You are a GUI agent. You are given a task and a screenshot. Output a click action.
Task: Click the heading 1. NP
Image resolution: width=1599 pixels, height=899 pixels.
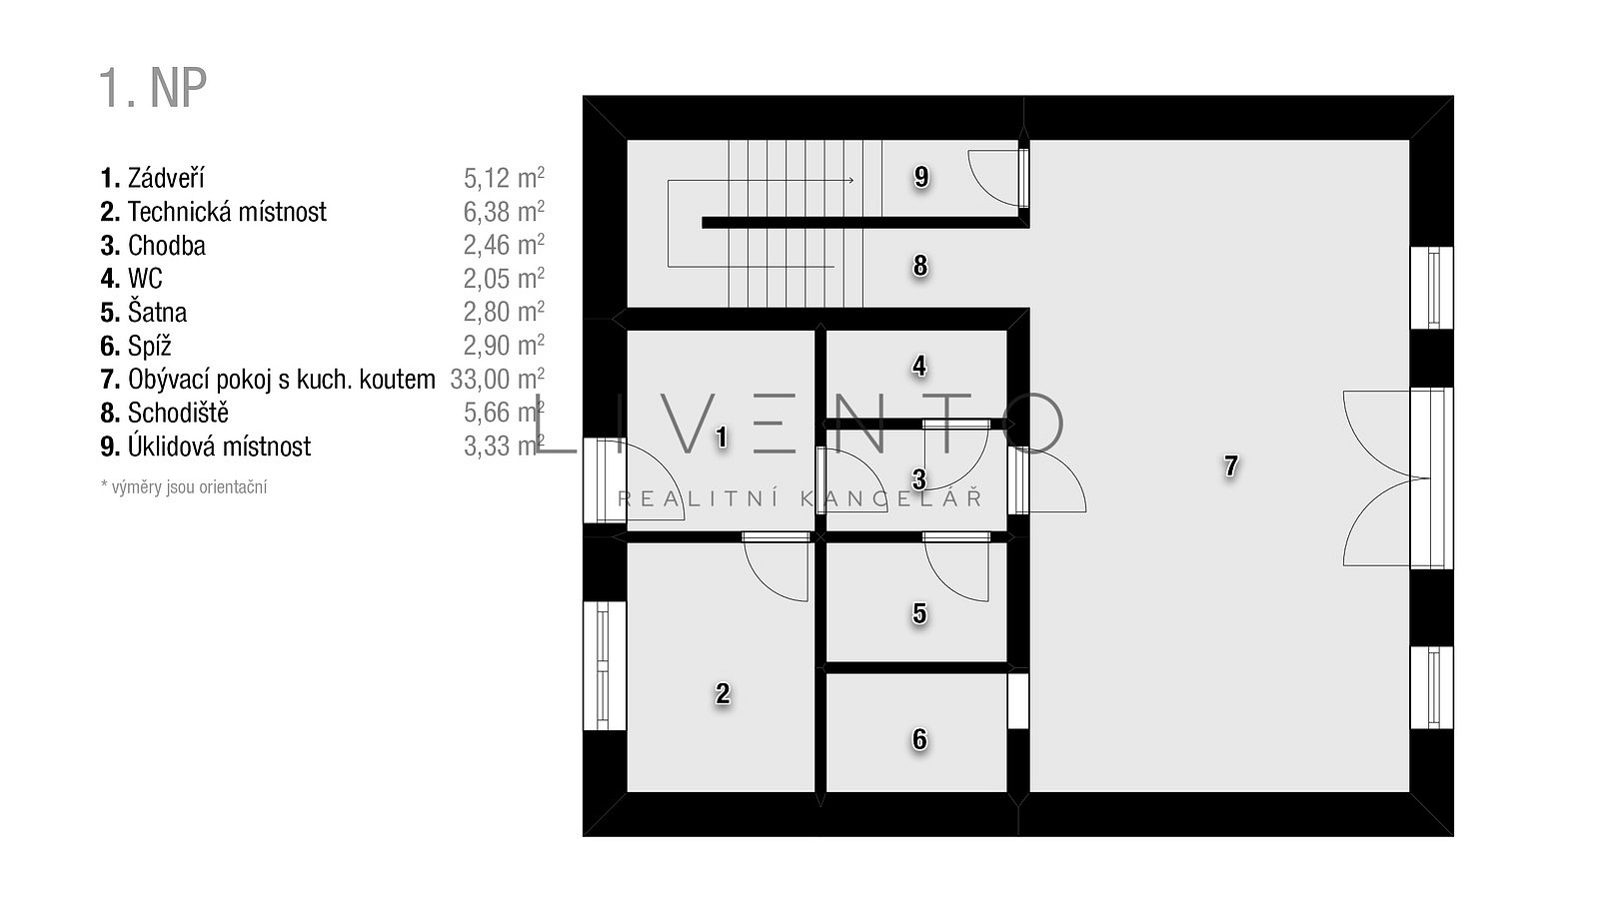153,89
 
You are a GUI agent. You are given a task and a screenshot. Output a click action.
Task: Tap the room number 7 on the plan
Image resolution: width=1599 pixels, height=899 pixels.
1230,465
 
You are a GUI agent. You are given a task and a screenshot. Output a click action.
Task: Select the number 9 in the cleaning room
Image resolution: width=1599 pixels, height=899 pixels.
921,176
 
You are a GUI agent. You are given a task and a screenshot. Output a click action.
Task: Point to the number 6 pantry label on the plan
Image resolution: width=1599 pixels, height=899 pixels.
919,739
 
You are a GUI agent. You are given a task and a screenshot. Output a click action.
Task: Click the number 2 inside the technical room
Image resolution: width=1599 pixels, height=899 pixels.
723,693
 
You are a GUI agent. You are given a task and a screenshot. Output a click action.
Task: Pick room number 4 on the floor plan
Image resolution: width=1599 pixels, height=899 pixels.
919,366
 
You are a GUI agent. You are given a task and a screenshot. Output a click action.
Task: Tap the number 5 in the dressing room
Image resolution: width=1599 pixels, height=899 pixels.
919,613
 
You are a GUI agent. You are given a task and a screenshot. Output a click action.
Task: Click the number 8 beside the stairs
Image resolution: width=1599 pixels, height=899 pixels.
920,266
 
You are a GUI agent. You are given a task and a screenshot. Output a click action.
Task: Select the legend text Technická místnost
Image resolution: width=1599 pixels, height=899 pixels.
227,212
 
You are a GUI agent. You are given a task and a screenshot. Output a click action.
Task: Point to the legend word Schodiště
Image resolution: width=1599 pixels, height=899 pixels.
179,413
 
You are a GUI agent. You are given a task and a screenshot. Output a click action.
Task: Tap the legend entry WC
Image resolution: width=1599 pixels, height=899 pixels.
145,279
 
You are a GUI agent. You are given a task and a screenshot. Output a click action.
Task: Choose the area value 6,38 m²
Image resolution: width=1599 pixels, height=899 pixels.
504,212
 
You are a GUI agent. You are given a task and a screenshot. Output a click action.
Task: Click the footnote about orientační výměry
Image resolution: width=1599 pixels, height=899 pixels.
184,487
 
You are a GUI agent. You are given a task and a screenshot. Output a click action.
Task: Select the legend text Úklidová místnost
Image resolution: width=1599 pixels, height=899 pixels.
219,447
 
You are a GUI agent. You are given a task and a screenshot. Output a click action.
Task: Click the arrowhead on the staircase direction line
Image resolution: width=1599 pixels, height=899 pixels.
850,180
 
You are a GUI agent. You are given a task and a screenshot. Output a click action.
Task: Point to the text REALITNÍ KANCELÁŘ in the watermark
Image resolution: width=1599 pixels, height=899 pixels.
800,498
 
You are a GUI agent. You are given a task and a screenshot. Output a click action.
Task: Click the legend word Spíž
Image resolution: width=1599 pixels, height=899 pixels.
149,346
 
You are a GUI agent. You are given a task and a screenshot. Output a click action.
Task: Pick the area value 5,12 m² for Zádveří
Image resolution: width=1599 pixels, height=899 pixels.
504,178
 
